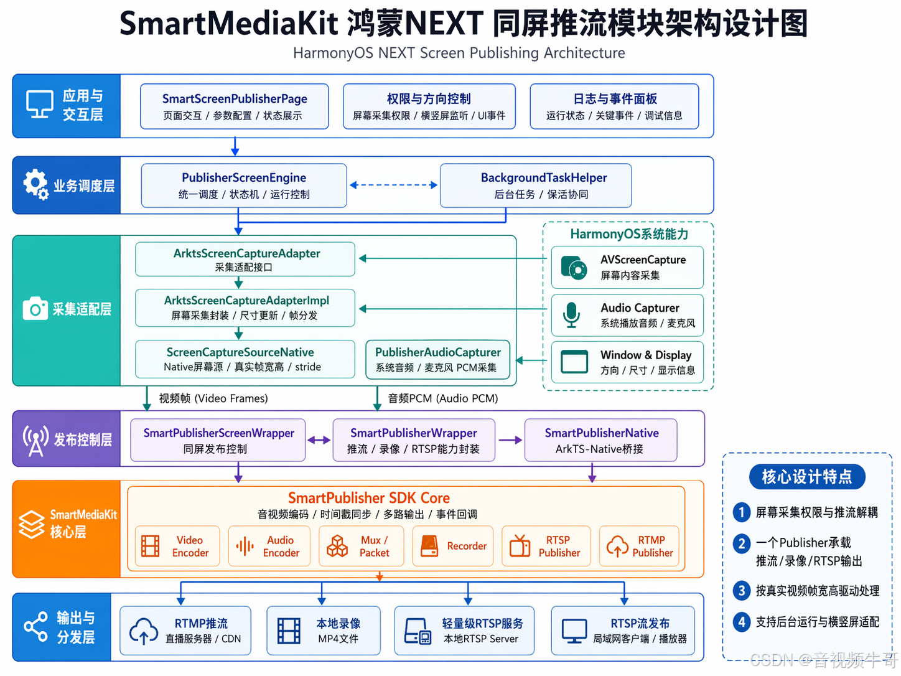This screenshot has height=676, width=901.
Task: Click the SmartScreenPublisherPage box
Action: click(x=235, y=106)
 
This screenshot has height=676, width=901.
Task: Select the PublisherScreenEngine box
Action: click(x=244, y=185)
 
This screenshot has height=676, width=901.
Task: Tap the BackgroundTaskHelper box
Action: click(x=536, y=185)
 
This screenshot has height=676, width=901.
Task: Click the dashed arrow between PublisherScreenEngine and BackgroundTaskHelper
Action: click(x=393, y=185)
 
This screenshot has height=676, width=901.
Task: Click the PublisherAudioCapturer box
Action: click(x=437, y=359)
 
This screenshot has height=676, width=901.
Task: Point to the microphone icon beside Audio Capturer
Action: click(x=571, y=314)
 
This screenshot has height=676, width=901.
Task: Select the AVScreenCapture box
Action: click(x=627, y=267)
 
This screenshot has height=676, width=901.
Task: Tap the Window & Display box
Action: click(x=627, y=362)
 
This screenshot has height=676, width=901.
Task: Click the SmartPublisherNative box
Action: click(x=600, y=440)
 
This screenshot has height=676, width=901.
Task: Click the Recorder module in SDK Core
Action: click(x=453, y=547)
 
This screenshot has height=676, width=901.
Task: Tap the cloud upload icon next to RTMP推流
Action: click(x=144, y=631)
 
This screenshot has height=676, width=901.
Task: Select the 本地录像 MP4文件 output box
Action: click(x=324, y=631)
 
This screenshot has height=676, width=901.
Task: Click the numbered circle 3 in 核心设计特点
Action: click(x=741, y=590)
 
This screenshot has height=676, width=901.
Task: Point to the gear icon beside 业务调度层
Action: click(x=35, y=184)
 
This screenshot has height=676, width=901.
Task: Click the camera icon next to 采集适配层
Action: click(x=35, y=309)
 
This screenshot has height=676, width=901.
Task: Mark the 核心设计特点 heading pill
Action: click(x=807, y=477)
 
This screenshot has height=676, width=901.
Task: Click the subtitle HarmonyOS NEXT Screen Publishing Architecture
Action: click(x=459, y=53)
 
